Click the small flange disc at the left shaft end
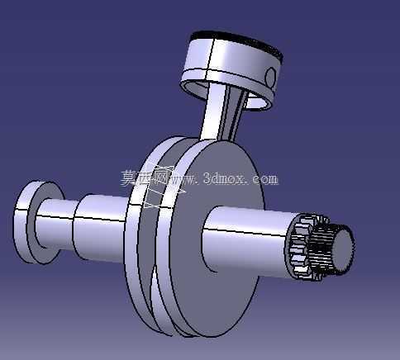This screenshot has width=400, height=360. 31,222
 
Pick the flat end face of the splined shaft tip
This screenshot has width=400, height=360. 343,249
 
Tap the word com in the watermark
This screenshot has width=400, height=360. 265,179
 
